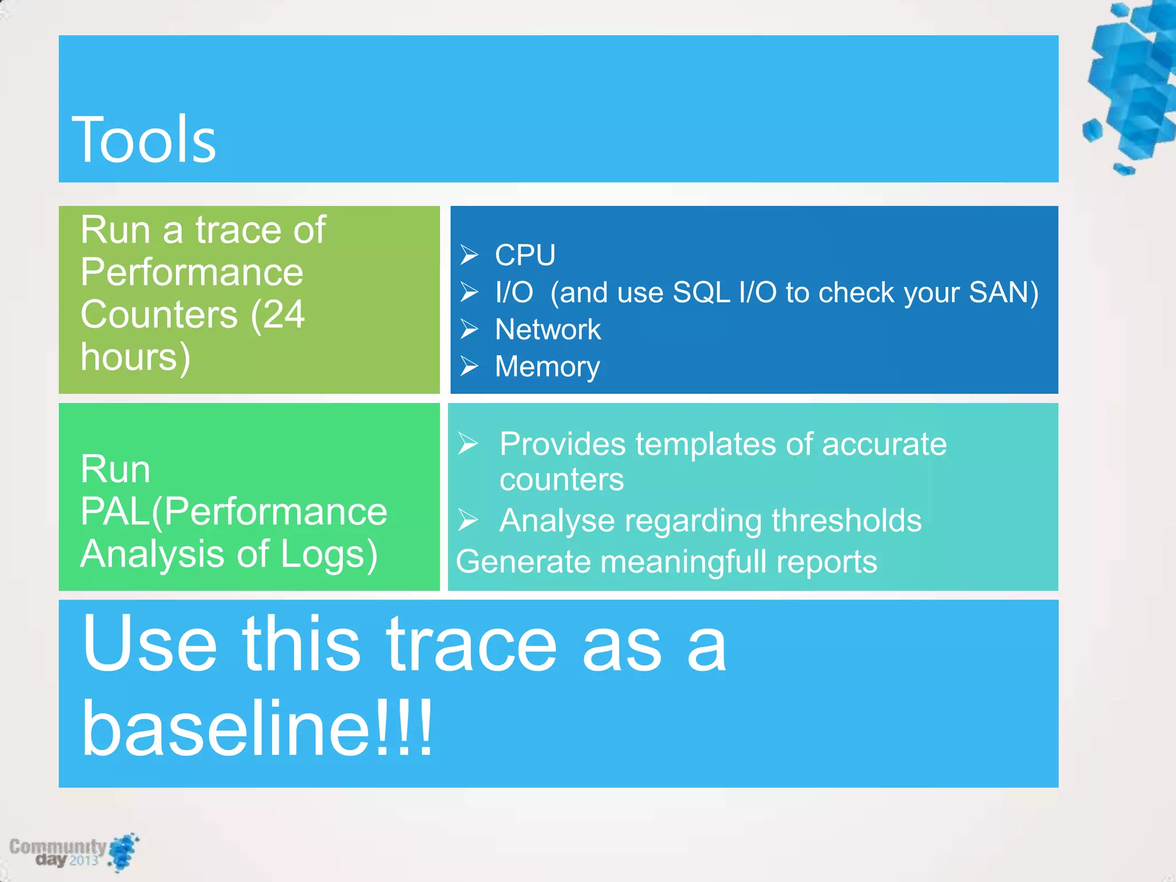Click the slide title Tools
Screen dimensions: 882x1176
144,140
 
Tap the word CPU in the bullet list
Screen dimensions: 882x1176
525,255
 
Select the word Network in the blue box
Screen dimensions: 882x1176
548,330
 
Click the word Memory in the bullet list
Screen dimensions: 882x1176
547,366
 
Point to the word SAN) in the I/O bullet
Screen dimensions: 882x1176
1003,292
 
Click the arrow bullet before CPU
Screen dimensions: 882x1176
469,254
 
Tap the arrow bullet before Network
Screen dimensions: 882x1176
469,329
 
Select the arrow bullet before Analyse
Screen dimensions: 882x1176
468,520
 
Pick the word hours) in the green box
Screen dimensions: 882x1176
136,357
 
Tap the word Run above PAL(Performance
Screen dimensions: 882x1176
115,469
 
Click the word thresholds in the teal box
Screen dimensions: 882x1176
846,520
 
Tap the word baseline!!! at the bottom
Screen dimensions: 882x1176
257,728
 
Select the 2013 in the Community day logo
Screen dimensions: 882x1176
84,860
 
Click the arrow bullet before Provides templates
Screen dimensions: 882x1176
468,443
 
